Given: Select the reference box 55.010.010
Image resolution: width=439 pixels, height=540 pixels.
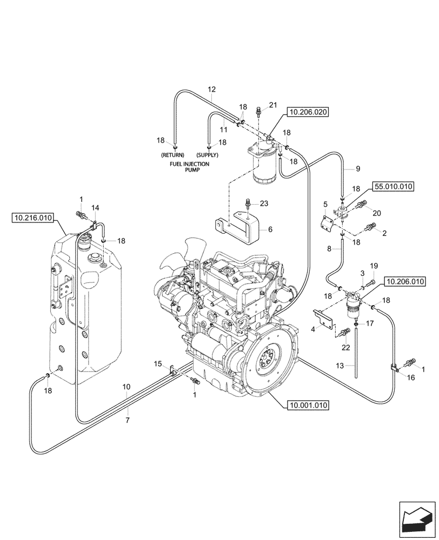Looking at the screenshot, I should tap(393, 187).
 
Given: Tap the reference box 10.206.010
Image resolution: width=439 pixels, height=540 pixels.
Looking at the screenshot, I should tap(405, 281).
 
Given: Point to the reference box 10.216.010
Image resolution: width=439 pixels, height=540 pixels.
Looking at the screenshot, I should tap(32, 218).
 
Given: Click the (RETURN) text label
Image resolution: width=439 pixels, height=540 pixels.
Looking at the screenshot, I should tap(172, 154).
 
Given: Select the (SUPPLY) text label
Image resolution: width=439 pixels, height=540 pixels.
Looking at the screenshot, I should tap(203, 154).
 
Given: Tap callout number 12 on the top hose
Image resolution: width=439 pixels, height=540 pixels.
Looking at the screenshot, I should tap(211, 89).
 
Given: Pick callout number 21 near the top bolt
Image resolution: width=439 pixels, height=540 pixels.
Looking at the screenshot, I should tap(273, 105).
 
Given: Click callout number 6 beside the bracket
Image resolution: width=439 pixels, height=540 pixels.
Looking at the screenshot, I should tap(270, 229).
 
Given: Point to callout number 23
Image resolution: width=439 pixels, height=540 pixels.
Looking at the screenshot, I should tap(264, 204).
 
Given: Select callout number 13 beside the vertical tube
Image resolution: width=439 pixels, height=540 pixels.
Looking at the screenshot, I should tap(340, 366).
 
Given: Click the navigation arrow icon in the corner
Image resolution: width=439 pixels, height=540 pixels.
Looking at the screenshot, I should tap(417, 519).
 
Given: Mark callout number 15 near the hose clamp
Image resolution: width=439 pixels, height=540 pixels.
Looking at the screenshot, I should tap(158, 364).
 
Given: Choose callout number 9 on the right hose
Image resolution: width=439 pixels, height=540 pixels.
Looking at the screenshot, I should tap(357, 169).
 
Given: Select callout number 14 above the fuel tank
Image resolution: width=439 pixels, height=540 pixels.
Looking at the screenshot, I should tap(95, 207).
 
